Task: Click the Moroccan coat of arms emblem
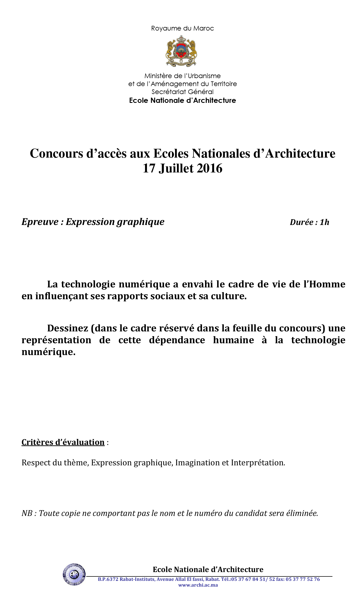pyautogui.click(x=181, y=52)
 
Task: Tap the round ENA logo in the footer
pyautogui.click(x=74, y=574)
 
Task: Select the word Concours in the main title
pyautogui.click(x=56, y=153)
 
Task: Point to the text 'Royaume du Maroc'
pyautogui.click(x=182, y=28)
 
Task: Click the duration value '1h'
pyautogui.click(x=324, y=222)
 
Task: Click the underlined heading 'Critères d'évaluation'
pyautogui.click(x=63, y=442)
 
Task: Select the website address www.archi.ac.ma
pyautogui.click(x=198, y=585)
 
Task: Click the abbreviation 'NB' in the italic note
pyautogui.click(x=27, y=513)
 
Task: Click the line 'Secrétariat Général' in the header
pyautogui.click(x=182, y=92)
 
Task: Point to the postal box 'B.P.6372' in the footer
pyautogui.click(x=108, y=579)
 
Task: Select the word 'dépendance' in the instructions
pyautogui.click(x=177, y=340)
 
